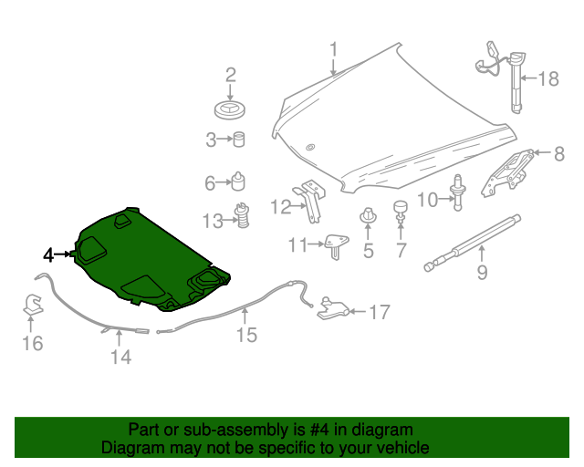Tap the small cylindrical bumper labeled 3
tap(239, 140)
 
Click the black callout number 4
tap(47, 254)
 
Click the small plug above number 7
tap(400, 211)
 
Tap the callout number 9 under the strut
tap(482, 271)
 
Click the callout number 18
tap(547, 79)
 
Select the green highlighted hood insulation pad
tap(146, 260)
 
